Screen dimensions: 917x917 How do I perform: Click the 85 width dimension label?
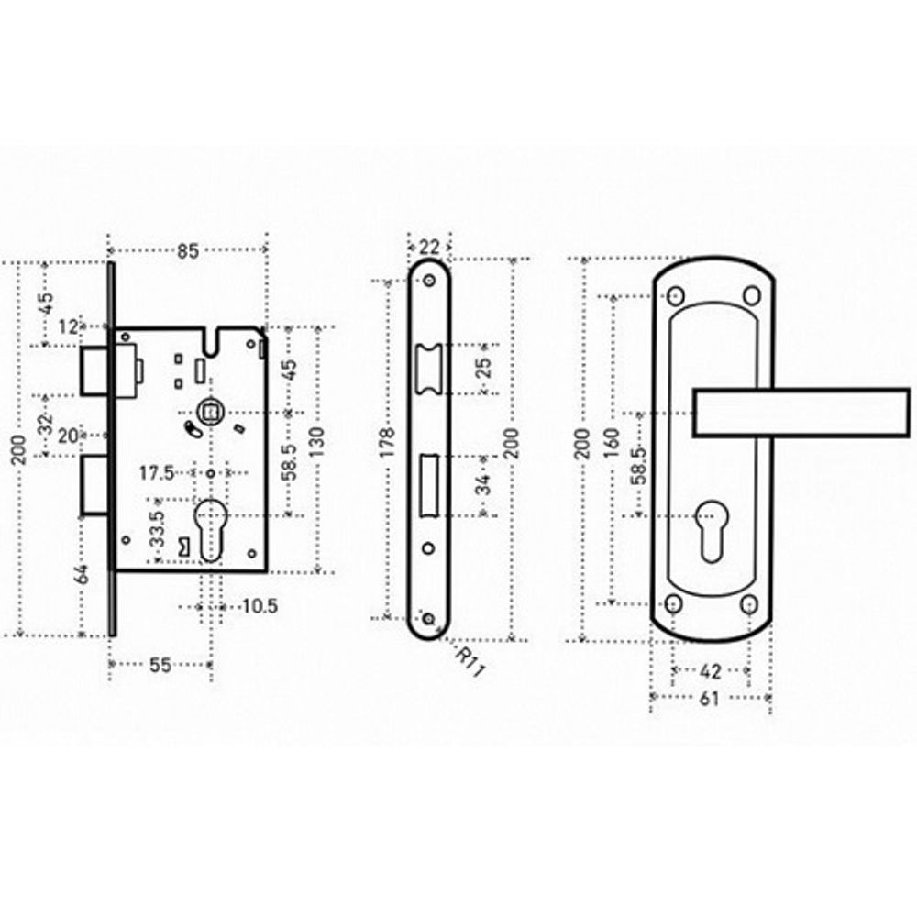(x=188, y=251)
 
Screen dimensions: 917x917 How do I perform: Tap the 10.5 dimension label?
(x=260, y=606)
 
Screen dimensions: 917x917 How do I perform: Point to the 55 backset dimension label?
(x=160, y=664)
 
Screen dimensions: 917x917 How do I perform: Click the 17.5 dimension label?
(x=157, y=472)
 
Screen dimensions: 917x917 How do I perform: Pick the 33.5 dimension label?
(x=157, y=529)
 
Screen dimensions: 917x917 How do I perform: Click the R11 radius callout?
(x=470, y=663)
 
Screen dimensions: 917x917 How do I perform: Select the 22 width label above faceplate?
(x=429, y=247)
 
